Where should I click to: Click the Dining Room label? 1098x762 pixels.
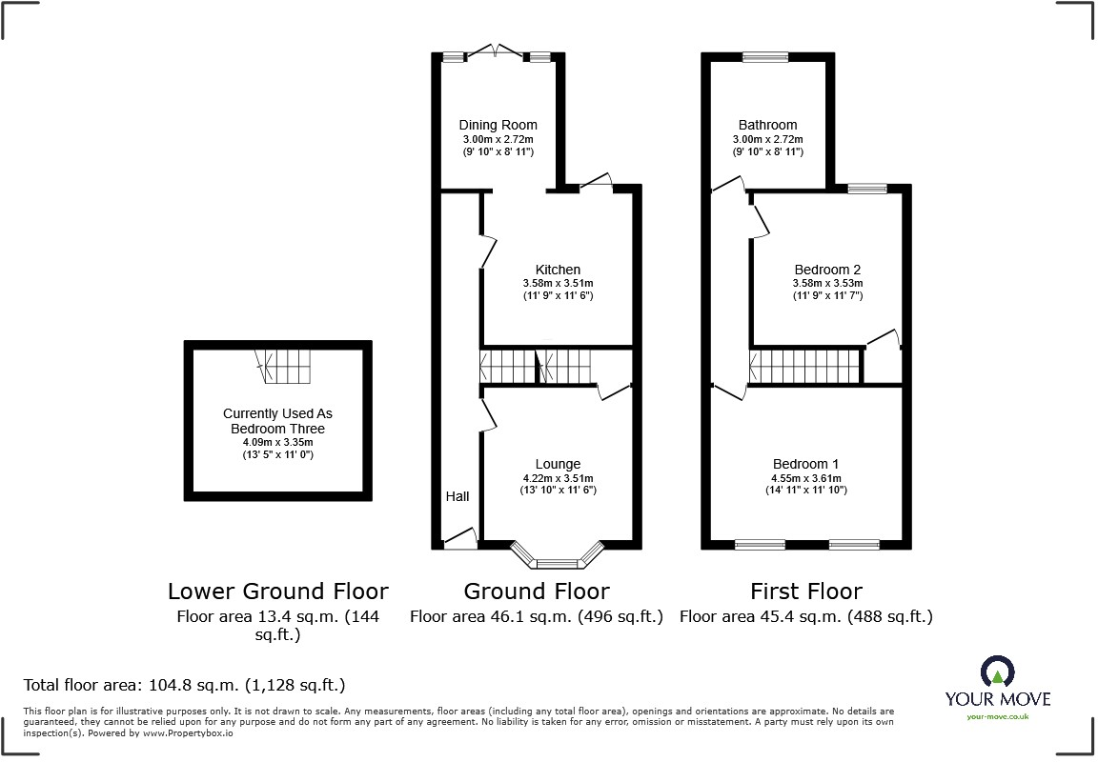(x=498, y=125)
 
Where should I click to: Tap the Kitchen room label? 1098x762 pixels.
(x=558, y=270)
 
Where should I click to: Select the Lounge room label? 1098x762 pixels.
(x=558, y=464)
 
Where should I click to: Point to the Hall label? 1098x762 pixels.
(x=457, y=496)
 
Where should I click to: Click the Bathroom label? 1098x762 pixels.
(x=767, y=125)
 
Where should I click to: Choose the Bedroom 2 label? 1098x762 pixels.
(x=827, y=270)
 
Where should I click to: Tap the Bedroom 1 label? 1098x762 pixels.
(x=806, y=464)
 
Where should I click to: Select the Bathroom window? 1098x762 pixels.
(x=766, y=57)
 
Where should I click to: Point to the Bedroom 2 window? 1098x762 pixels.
(x=867, y=189)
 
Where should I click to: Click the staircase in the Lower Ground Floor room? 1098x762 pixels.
(x=284, y=365)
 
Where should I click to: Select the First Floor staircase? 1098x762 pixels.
(x=806, y=367)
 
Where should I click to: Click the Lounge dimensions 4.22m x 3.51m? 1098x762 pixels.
(x=558, y=478)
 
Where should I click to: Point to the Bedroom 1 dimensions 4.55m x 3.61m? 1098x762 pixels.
(x=806, y=478)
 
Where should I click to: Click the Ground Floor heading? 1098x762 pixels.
(x=537, y=592)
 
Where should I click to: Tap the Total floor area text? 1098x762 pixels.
(x=184, y=685)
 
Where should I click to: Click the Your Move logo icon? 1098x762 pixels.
(x=997, y=673)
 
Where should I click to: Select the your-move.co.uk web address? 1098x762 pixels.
(x=997, y=716)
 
